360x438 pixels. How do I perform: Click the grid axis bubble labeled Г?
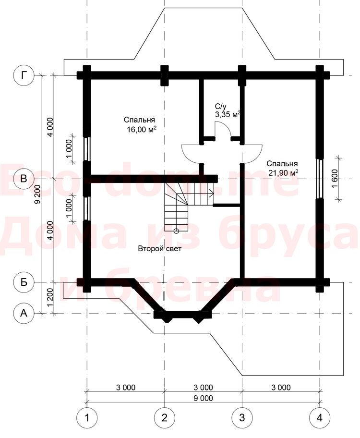coord(24,75)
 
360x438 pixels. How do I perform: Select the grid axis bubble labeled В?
coord(24,179)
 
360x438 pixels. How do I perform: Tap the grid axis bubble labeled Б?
coord(24,282)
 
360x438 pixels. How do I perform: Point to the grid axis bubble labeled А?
coord(24,314)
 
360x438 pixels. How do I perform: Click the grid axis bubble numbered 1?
coord(87,418)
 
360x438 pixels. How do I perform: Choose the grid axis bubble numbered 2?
coord(165,418)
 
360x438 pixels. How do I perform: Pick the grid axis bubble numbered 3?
coord(242,418)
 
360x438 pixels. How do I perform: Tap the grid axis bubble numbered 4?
coord(320,418)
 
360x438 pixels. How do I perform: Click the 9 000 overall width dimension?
coord(203,398)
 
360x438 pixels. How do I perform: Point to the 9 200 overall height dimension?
coord(37,195)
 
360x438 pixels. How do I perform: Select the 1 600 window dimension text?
coord(335,178)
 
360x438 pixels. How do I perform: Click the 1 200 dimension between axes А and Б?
coord(50,298)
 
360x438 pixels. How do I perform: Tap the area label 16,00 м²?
coord(142,130)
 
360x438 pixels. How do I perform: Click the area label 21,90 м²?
coord(283,173)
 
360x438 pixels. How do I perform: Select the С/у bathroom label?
coord(221,106)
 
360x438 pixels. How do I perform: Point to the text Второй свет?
coord(160,249)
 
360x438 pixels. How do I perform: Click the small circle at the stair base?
coord(176,231)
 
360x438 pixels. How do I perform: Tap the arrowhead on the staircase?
coord(211,193)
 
